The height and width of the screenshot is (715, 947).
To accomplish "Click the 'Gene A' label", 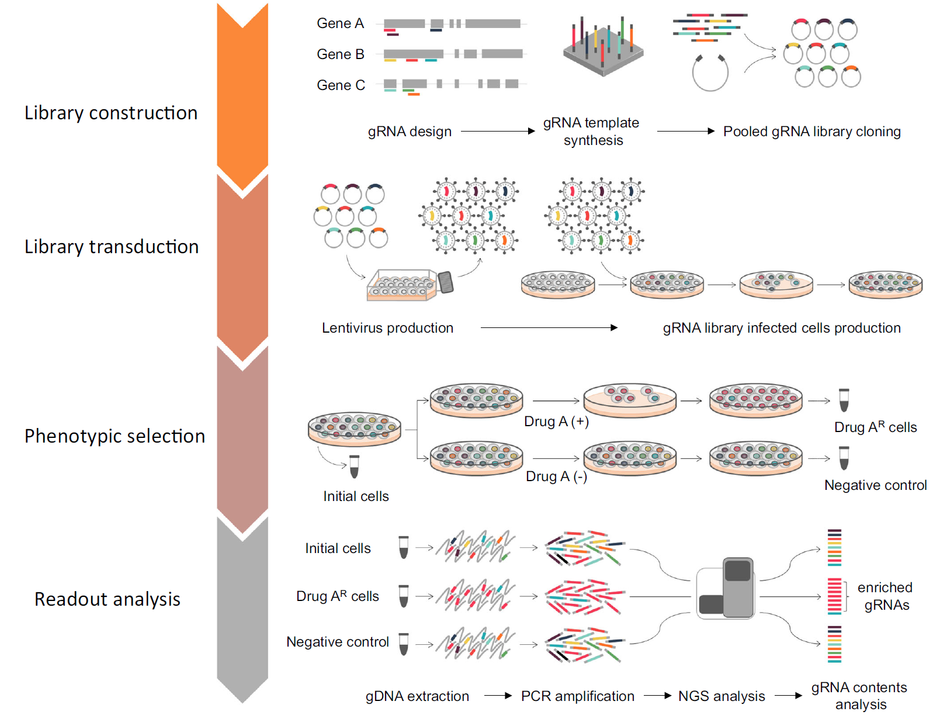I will coord(340,23).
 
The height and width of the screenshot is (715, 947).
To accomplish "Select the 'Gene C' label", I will coord(341,85).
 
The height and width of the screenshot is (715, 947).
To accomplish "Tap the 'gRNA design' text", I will coord(410,132).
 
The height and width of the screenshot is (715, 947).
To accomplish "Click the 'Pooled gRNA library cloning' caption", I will coord(811,132).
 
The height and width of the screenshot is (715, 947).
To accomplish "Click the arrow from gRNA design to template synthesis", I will coord(497,132).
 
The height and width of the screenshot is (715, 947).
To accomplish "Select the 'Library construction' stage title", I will coord(111,113).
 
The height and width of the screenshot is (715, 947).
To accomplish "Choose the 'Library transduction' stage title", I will coord(112,247).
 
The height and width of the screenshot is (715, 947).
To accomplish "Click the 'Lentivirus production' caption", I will coord(387,328).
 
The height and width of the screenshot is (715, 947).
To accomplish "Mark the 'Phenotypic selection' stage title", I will coord(115,436).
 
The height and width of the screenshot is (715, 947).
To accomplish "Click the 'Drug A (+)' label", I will coord(556,422).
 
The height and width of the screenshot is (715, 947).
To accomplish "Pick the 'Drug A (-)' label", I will coord(556,476).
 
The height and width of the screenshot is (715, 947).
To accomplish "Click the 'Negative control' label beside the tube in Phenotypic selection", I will coord(875,485).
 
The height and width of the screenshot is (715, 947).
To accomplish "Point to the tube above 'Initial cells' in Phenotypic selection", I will coord(354,467).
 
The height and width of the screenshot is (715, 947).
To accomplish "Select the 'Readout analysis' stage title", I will coord(107,599).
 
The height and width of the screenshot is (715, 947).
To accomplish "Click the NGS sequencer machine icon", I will coord(726,589).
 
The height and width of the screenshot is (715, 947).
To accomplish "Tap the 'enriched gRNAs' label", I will coord(885,596).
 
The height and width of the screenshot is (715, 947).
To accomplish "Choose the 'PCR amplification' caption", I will coord(577,696).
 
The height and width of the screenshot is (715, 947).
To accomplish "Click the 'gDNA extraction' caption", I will coord(417,696).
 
